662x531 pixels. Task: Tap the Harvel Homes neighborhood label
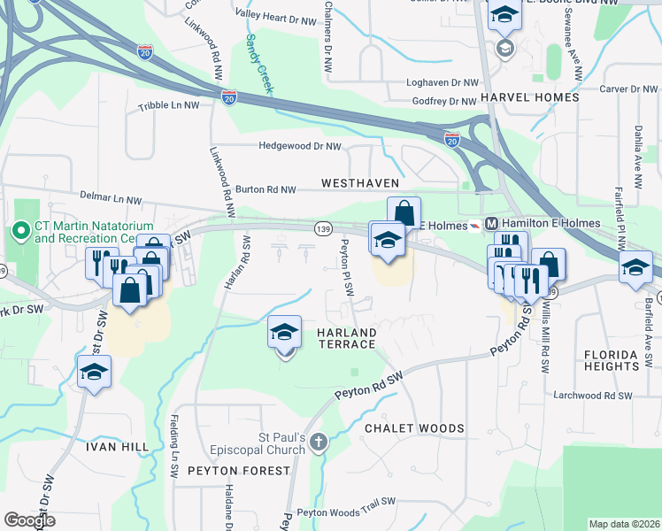[529, 96]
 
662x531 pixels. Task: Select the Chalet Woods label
[414, 428]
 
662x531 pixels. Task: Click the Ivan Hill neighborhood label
[117, 447]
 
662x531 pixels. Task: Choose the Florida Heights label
[611, 359]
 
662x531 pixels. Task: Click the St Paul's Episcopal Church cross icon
[318, 441]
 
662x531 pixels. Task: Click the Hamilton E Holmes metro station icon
[493, 223]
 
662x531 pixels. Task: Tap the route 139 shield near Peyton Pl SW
[323, 229]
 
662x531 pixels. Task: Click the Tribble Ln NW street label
[169, 105]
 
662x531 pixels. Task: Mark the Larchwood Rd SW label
[592, 396]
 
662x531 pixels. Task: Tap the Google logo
[28, 520]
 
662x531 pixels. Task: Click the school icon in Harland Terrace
[284, 334]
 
